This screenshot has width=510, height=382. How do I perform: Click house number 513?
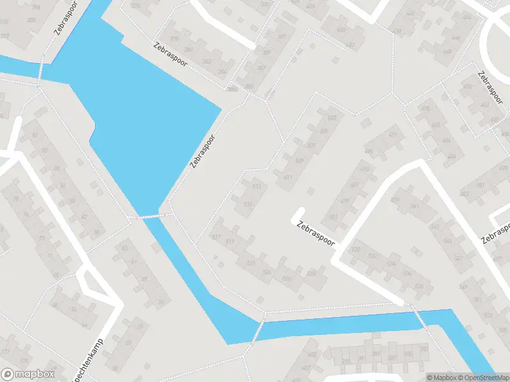pyautogui.click(x=257, y=187)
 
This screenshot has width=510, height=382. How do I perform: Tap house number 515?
pyautogui.click(x=248, y=204)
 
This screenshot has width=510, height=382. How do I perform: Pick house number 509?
pyautogui.click(x=299, y=160)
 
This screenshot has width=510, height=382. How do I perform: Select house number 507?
pyautogui.click(x=311, y=146)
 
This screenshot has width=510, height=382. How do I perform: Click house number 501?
pyautogui.click(x=332, y=216)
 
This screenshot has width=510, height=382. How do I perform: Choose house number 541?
pyautogui.click(x=415, y=207)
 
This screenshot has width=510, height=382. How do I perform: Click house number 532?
pyautogui.click(x=372, y=255)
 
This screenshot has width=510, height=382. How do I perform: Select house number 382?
pyautogui.click(x=206, y=62)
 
